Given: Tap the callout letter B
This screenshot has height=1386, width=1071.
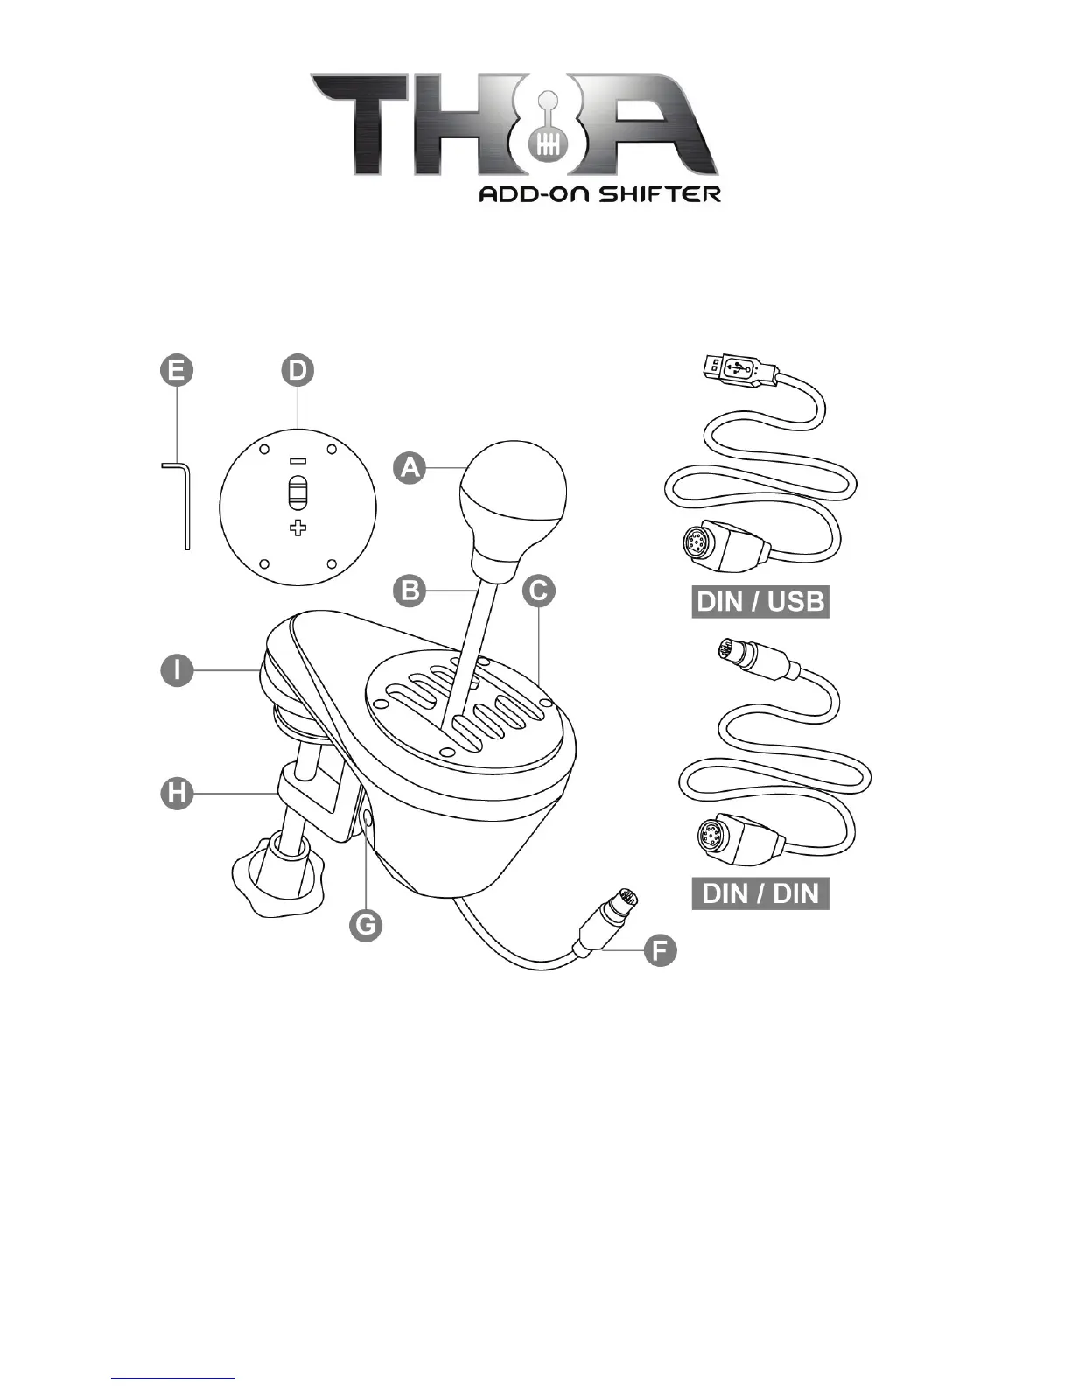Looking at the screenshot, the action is tap(409, 591).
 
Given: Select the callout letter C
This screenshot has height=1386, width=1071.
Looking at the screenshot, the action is tap(539, 591).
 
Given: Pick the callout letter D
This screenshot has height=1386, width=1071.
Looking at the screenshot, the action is tap(297, 370).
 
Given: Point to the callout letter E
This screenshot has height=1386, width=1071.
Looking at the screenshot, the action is tap(177, 370).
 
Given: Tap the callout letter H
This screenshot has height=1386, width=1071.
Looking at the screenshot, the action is tap(177, 794).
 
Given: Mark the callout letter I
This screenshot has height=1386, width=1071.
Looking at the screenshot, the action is tap(177, 670).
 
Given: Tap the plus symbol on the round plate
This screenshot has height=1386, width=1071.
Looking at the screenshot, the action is tap(298, 528).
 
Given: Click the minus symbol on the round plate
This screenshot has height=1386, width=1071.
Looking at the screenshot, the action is tap(297, 461).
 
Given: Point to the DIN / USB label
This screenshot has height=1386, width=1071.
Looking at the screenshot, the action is tap(759, 602).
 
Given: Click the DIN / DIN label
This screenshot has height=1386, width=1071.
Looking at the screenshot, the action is tap(759, 893).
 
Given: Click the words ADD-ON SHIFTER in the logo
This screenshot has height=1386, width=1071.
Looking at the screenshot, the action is tap(599, 193).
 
